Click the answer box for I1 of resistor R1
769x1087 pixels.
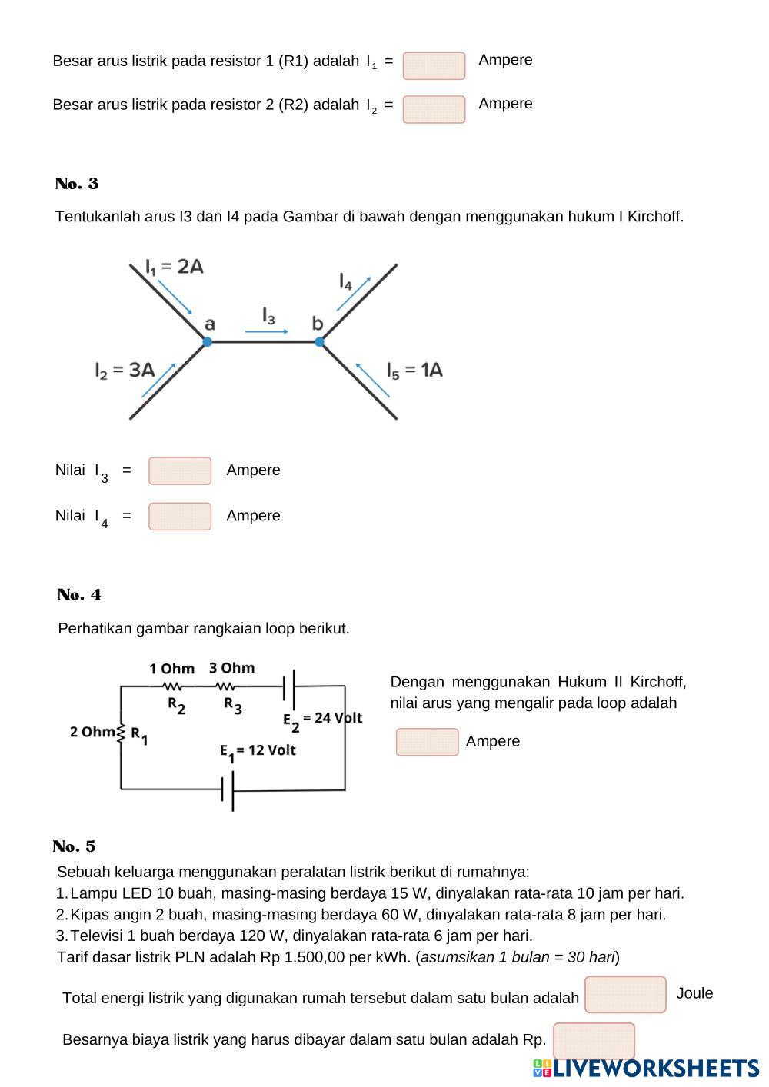pyautogui.click(x=434, y=66)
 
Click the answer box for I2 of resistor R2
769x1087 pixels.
pyautogui.click(x=434, y=109)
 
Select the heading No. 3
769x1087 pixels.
pyautogui.click(x=77, y=184)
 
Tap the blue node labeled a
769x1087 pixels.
pyautogui.click(x=208, y=342)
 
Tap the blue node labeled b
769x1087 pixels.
pyautogui.click(x=320, y=342)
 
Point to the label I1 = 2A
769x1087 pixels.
pyautogui.click(x=175, y=267)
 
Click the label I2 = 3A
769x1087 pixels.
pyautogui.click(x=125, y=370)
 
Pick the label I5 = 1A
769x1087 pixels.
pyautogui.click(x=414, y=370)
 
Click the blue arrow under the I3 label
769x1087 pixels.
pyautogui.click(x=267, y=331)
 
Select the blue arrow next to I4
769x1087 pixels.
pyautogui.click(x=354, y=294)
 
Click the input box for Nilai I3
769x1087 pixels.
pyautogui.click(x=180, y=470)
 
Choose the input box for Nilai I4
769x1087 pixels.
pyautogui.click(x=180, y=517)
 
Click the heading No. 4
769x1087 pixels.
pyautogui.click(x=79, y=595)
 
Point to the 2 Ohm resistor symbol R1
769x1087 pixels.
pyautogui.click(x=121, y=733)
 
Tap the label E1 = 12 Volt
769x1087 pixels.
pyautogui.click(x=258, y=751)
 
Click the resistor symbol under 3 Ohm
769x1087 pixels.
pyautogui.click(x=225, y=686)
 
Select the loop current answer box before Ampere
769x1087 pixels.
pyautogui.click(x=427, y=742)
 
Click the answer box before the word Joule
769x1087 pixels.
pyautogui.click(x=625, y=994)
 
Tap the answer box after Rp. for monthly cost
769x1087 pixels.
pyautogui.click(x=594, y=1040)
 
